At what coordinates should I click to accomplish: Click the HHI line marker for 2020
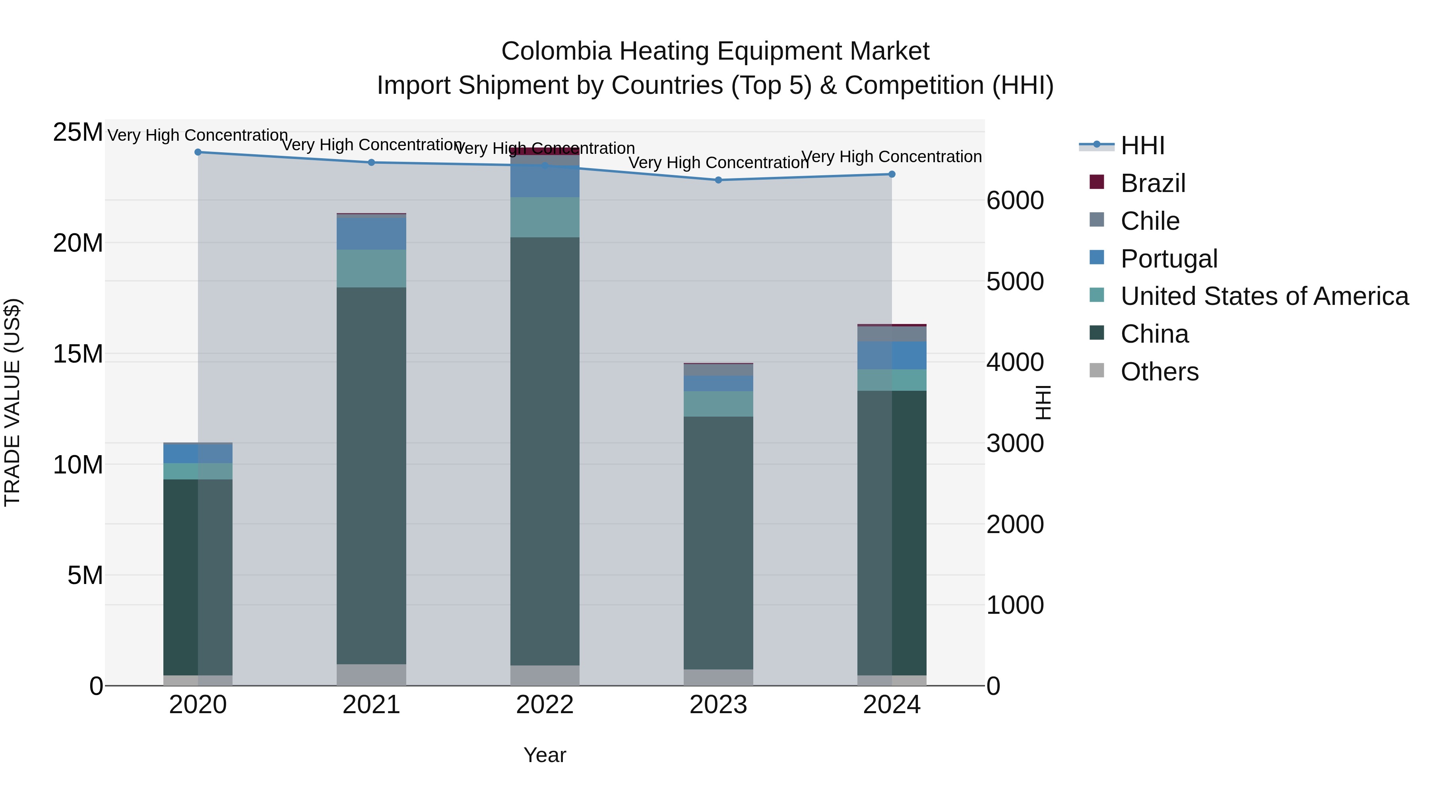pos(198,152)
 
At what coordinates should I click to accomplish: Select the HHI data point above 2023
pos(718,180)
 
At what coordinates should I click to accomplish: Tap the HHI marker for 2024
pos(892,175)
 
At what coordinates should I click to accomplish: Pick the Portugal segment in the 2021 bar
pos(371,234)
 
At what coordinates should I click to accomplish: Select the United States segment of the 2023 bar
pos(718,404)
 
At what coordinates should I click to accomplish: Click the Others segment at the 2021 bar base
pos(371,675)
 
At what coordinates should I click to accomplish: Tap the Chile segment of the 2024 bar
pos(892,334)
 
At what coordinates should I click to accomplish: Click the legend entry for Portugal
pos(1169,259)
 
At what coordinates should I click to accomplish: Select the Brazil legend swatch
pos(1097,182)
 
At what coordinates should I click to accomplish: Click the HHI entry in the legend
pos(1142,145)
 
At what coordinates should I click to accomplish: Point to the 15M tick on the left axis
pos(78,354)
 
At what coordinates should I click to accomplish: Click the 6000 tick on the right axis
pos(1015,201)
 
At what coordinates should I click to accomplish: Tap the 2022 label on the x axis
pos(545,705)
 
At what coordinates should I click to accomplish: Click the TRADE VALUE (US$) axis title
pos(12,402)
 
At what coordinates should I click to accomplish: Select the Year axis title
pos(545,755)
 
